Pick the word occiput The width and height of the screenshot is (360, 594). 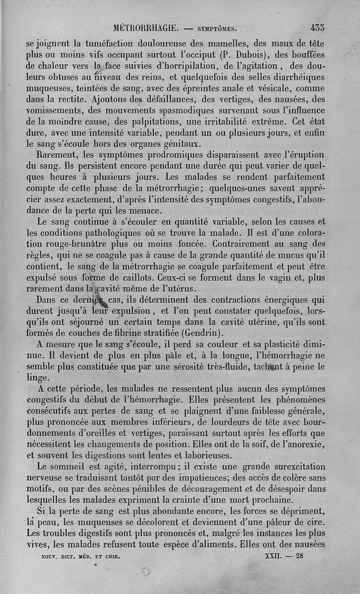click(x=201, y=55)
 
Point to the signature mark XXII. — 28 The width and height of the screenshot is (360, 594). click(x=285, y=556)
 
